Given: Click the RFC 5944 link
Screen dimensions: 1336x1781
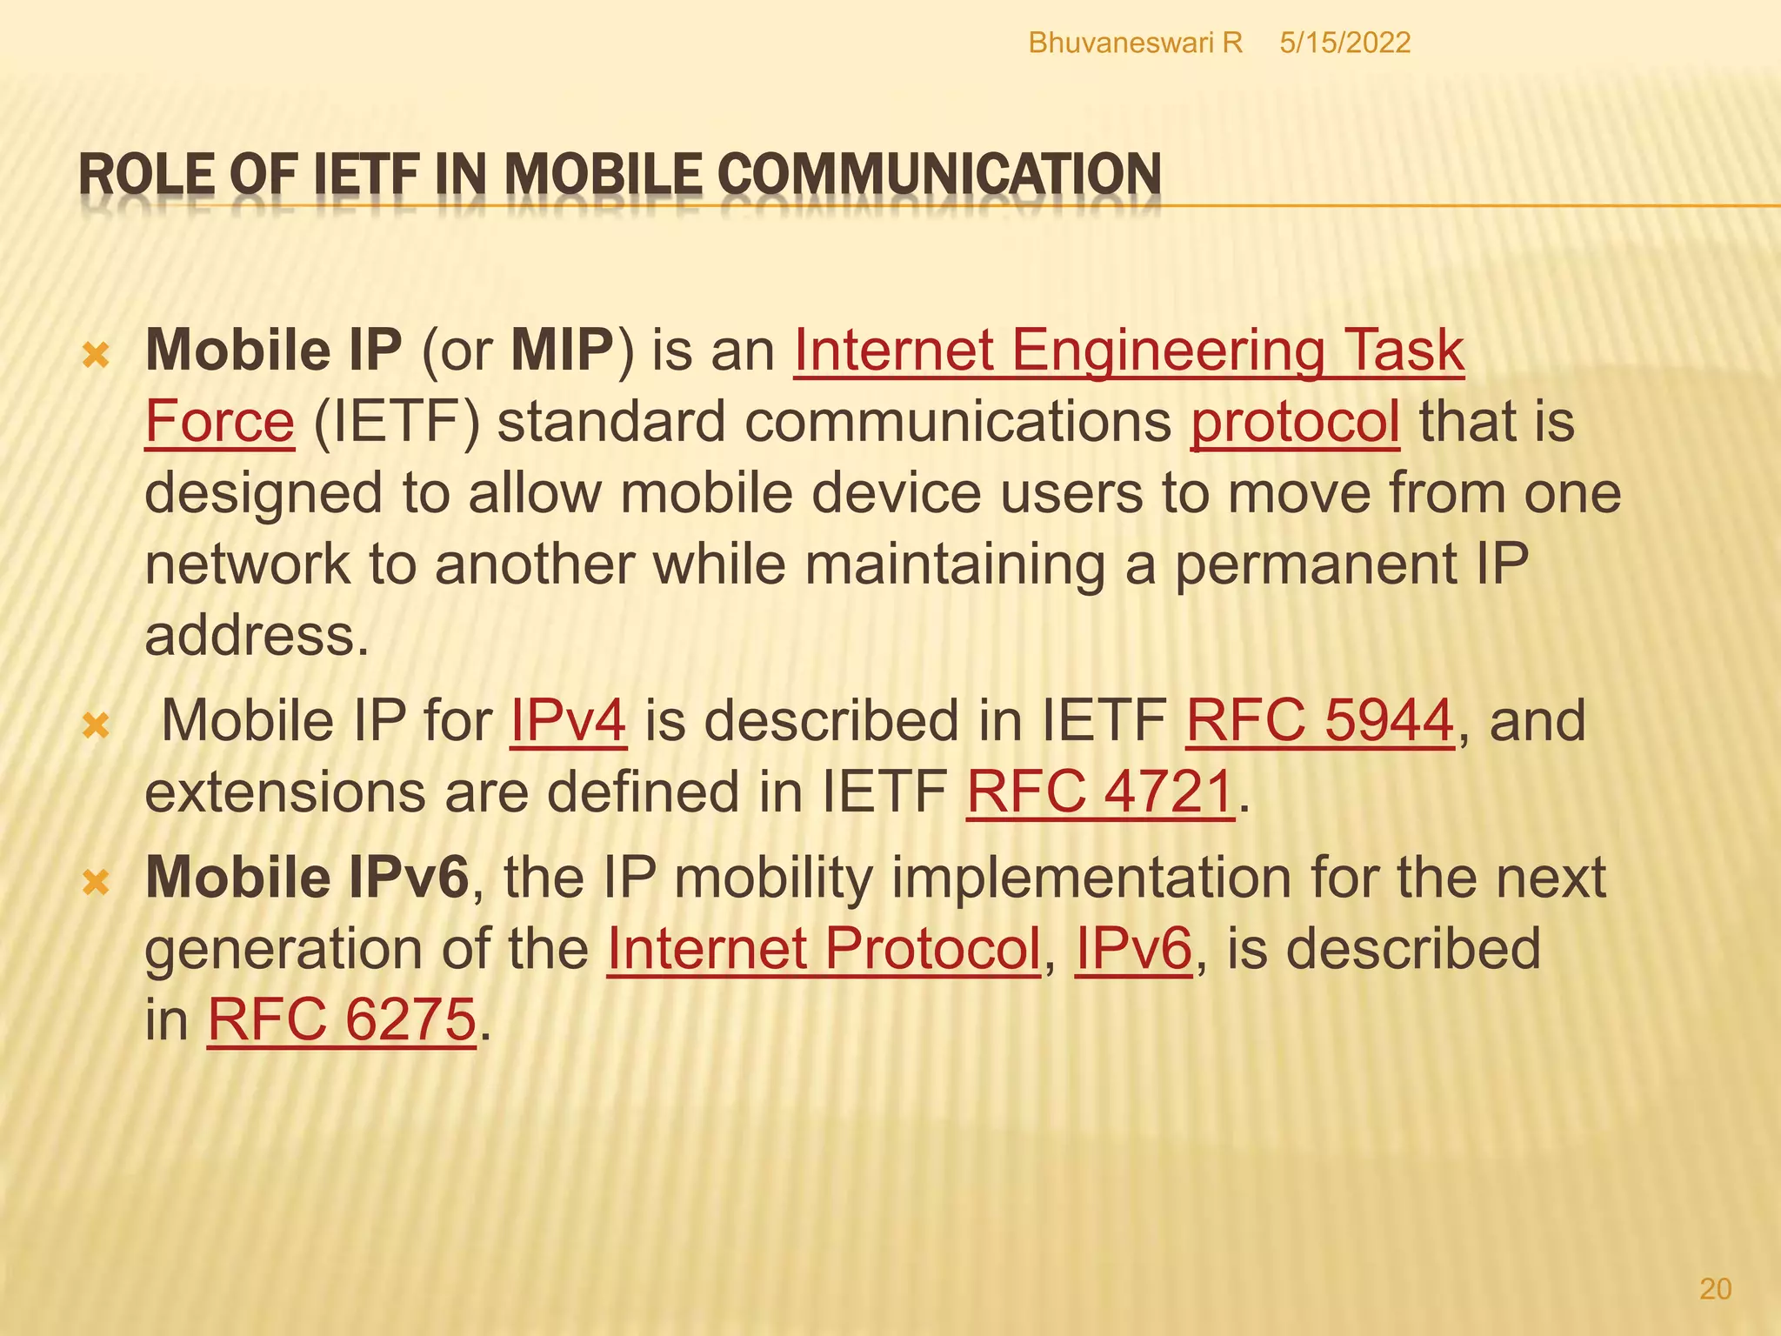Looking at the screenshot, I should (1319, 721).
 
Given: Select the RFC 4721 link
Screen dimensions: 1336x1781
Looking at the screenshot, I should (1100, 792).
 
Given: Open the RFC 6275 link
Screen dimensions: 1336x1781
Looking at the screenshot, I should (342, 1019).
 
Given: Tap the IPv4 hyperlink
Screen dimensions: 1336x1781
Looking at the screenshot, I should (568, 721).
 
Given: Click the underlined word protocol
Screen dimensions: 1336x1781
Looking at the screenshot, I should (1295, 422).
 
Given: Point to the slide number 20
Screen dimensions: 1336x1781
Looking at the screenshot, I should (1715, 1288).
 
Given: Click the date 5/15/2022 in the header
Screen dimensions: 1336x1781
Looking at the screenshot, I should (1344, 43).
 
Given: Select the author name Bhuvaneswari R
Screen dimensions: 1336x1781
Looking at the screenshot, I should (1135, 43).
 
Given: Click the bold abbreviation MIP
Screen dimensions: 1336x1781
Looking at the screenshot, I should (563, 351).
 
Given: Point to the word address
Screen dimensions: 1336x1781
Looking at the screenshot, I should (250, 636).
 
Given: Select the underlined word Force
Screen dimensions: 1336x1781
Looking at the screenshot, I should (219, 422).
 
